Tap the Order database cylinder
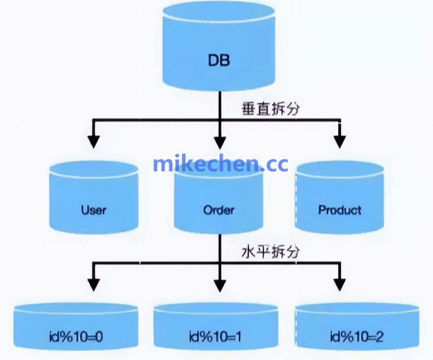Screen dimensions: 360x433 pos(219,200)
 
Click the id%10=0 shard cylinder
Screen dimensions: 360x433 pos(73,328)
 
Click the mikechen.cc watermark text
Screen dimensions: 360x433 pos(220,164)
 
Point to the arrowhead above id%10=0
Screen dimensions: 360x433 pos(93,284)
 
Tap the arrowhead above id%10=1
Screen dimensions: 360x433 pos(219,284)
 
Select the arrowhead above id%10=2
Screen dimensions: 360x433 pos(339,284)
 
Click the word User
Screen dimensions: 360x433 pos(93,209)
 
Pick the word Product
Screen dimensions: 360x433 pos(339,209)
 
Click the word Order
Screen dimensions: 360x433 pos(219,209)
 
